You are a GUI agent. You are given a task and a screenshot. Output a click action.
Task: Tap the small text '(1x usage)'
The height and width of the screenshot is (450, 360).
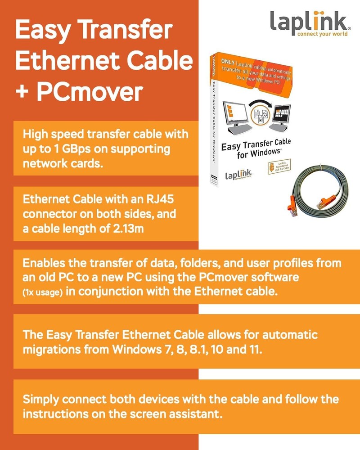(x=43, y=292)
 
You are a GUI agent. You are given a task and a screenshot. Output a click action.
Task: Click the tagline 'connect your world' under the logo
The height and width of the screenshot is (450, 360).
(x=322, y=34)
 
